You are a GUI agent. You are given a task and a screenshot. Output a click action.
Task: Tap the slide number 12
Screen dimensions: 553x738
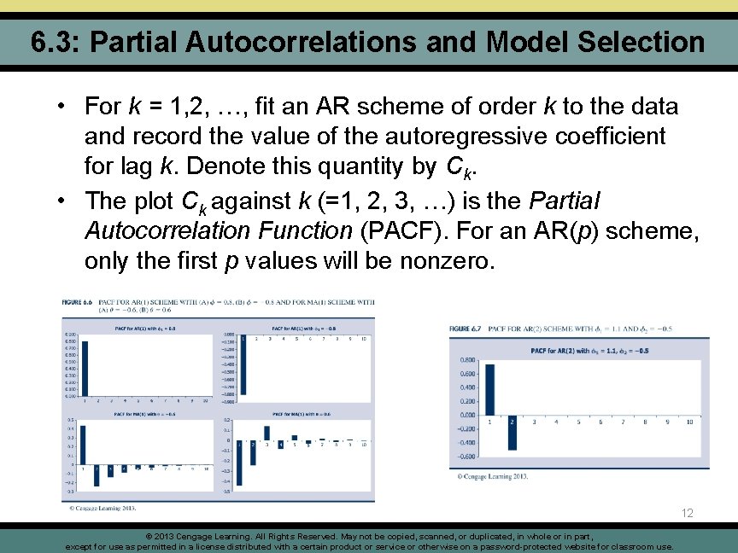tap(688, 513)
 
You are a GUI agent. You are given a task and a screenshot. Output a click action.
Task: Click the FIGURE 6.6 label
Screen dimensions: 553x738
tap(77, 301)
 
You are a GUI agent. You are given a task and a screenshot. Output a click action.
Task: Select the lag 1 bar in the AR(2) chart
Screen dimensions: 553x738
tap(489, 389)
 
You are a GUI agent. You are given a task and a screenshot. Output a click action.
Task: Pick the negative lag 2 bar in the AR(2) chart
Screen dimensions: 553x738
tap(512, 433)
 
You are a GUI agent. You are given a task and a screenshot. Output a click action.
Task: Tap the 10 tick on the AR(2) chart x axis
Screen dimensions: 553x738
tap(689, 421)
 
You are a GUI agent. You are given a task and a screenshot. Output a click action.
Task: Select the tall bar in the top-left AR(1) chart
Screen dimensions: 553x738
tap(84, 368)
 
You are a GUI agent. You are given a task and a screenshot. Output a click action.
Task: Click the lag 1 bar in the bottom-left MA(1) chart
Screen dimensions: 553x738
tap(83, 445)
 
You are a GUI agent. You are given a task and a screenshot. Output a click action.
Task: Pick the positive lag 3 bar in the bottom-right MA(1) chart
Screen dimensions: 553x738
tap(266, 434)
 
